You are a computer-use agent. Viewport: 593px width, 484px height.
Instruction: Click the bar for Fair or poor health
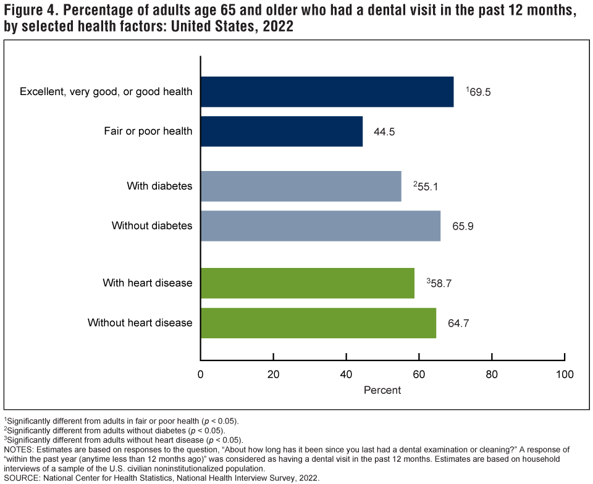[x=282, y=131]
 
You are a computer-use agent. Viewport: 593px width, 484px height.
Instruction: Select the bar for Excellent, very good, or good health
[x=327, y=92]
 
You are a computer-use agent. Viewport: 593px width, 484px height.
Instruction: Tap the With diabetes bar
[x=301, y=186]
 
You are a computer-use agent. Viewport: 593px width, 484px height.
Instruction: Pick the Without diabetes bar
[x=321, y=226]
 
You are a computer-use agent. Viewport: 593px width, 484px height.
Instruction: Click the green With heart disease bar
[x=308, y=283]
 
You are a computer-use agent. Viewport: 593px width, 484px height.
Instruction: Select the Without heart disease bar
[x=318, y=323]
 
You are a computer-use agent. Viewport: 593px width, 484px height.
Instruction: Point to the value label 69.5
[x=480, y=93]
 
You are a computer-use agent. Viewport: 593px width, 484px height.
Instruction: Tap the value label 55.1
[x=427, y=186]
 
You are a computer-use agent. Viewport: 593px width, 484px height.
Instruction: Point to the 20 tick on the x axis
[x=273, y=374]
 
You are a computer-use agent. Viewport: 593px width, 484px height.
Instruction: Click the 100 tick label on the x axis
[x=564, y=374]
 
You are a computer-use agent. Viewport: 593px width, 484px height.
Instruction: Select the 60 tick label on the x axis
[x=419, y=374]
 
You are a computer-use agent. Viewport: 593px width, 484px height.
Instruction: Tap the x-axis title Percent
[x=382, y=390]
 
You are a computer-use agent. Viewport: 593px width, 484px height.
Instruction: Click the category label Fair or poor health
[x=148, y=131]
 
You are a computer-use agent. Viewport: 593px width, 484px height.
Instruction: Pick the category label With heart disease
[x=148, y=283]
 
